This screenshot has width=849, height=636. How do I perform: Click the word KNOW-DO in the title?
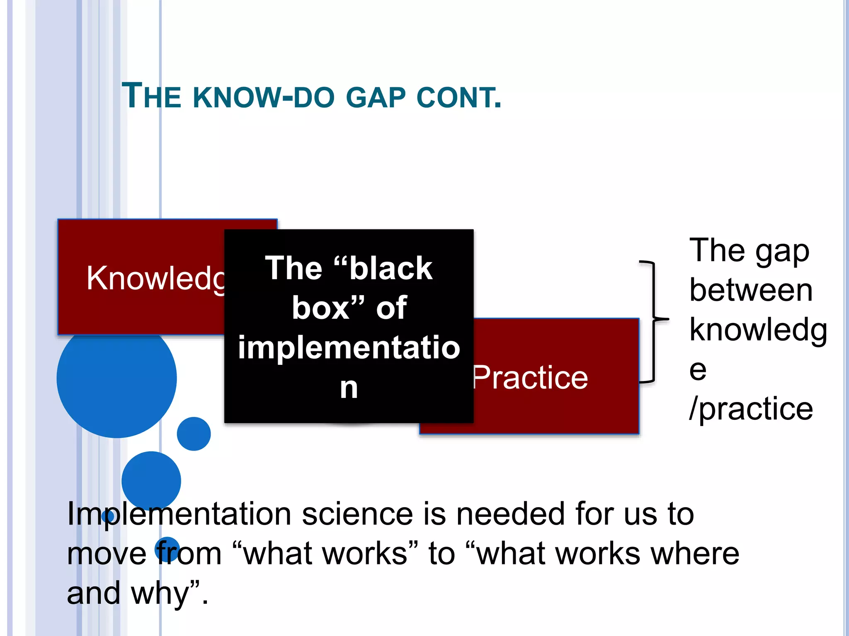[x=264, y=98]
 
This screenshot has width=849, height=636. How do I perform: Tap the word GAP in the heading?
[x=376, y=98]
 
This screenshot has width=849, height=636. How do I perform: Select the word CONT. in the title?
[x=459, y=98]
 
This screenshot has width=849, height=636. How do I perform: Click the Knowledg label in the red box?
[x=155, y=278]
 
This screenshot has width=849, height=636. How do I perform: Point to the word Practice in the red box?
[x=531, y=378]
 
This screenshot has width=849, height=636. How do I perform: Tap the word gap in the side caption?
[x=782, y=251]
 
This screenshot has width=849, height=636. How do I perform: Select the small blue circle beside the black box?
[x=194, y=434]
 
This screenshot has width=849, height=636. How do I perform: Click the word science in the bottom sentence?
[x=357, y=514]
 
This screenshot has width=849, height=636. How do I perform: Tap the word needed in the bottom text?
[x=510, y=514]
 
